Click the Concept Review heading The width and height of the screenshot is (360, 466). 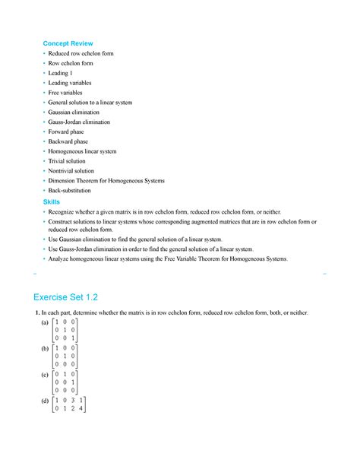68,44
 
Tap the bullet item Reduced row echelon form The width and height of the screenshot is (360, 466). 81,54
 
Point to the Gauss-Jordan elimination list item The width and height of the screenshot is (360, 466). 79,122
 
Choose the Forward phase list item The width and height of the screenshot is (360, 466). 67,132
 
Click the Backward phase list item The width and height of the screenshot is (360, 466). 68,141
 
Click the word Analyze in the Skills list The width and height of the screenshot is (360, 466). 61,259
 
